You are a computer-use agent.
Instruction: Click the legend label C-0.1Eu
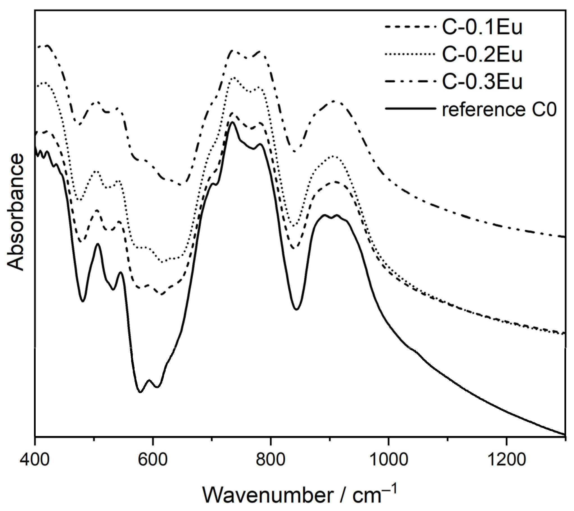pyautogui.click(x=482, y=27)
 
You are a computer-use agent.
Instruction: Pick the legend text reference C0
pyautogui.click(x=499, y=109)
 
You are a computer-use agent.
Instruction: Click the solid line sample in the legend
pyautogui.click(x=410, y=108)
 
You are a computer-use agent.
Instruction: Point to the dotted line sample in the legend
pyautogui.click(x=410, y=54)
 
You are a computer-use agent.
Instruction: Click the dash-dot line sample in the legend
pyautogui.click(x=410, y=81)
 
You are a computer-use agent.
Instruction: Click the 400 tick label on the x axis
pyautogui.click(x=35, y=460)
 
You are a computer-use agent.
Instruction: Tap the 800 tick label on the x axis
pyautogui.click(x=270, y=460)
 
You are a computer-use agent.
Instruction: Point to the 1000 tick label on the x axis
pyautogui.click(x=388, y=460)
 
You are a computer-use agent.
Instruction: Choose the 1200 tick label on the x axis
pyautogui.click(x=506, y=460)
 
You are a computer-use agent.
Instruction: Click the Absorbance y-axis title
pyautogui.click(x=16, y=212)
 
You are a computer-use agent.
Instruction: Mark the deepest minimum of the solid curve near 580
pyautogui.click(x=140, y=392)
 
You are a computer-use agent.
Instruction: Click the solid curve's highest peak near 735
pyautogui.click(x=232, y=122)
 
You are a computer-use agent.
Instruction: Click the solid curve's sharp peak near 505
pyautogui.click(x=98, y=244)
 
